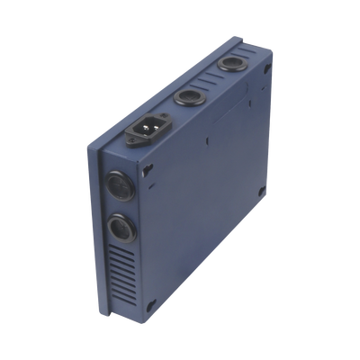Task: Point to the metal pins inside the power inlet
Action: tap(147, 130)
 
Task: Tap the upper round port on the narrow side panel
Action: tap(119, 187)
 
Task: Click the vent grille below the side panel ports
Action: tap(122, 274)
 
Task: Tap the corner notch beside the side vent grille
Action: tap(149, 303)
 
